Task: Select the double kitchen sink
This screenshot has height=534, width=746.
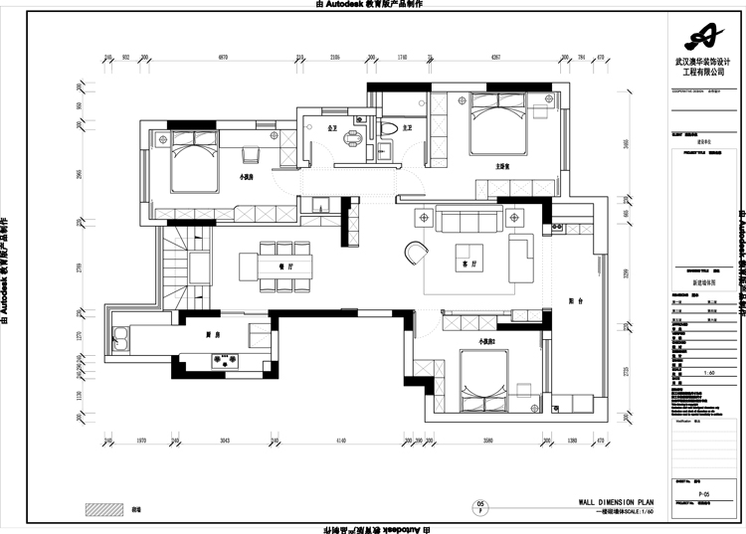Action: [x=120, y=340]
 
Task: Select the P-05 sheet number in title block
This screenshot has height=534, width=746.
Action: [x=703, y=493]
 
